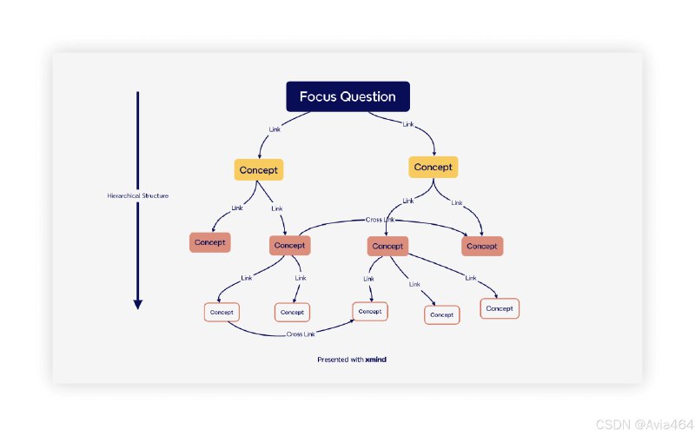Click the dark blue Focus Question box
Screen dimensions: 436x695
click(347, 96)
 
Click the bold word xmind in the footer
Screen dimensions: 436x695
click(375, 359)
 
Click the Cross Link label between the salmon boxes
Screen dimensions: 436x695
click(380, 220)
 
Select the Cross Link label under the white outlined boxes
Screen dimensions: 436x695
click(301, 334)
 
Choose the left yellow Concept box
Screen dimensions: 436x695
click(259, 169)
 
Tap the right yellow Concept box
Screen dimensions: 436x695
click(433, 167)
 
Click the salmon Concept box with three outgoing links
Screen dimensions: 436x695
click(387, 246)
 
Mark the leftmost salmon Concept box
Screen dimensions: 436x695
click(209, 242)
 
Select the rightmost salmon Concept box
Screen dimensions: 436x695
click(481, 246)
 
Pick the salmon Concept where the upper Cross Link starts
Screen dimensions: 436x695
click(289, 245)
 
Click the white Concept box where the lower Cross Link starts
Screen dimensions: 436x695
click(222, 311)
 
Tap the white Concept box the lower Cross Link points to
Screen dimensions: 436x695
click(369, 311)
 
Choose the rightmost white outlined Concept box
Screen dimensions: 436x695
click(499, 308)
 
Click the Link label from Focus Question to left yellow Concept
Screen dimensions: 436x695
click(275, 130)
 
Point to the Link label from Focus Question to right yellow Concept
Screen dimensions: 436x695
click(408, 124)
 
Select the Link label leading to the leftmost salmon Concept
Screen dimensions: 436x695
click(237, 208)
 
